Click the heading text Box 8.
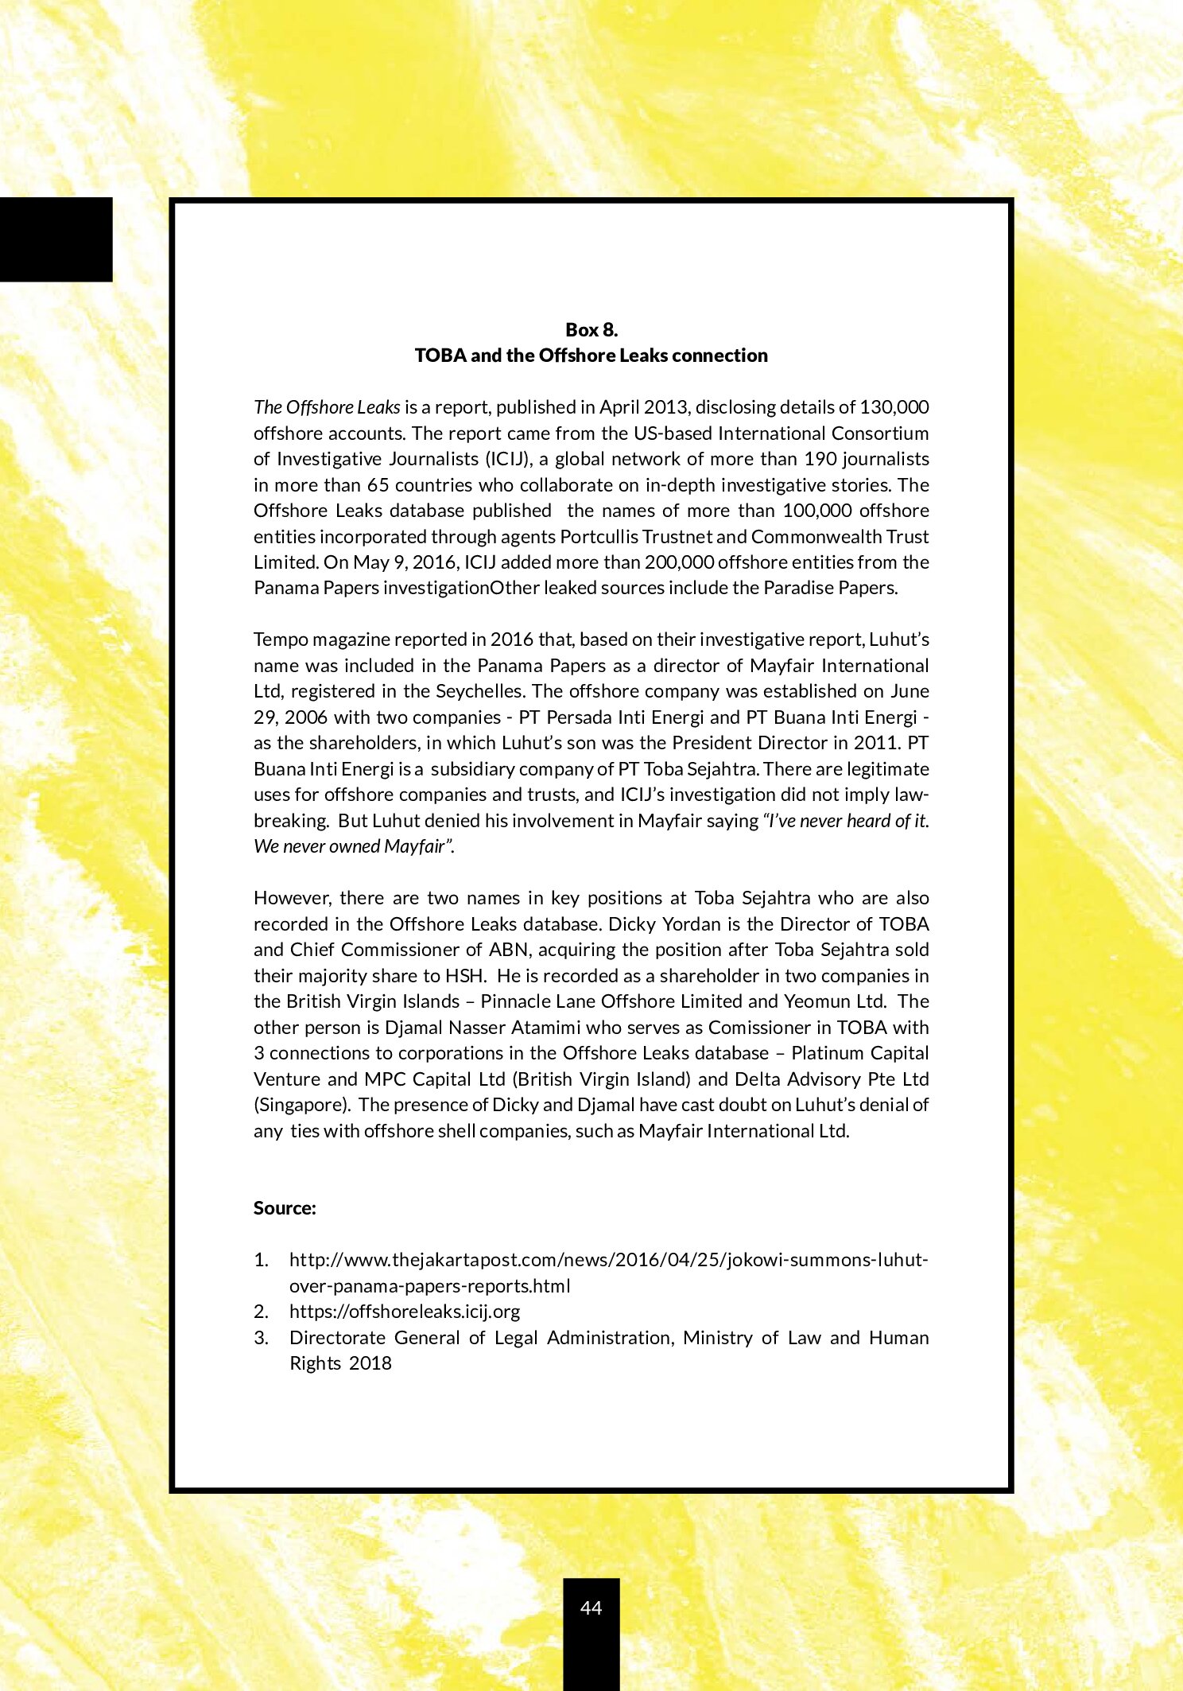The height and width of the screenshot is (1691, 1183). coord(591,329)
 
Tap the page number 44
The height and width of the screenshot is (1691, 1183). coord(591,1607)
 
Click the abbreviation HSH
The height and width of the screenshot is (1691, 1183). coord(465,976)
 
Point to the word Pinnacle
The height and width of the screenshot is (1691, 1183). coord(512,1001)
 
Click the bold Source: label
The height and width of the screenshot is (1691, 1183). coord(285,1208)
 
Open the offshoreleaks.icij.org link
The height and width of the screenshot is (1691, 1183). coord(404,1312)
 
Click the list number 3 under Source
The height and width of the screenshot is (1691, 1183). coord(261,1338)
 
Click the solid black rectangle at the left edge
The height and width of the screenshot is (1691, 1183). coord(56,239)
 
